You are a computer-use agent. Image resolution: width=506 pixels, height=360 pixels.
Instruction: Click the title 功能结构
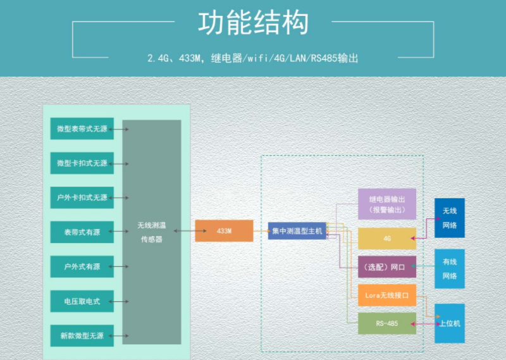click(x=253, y=24)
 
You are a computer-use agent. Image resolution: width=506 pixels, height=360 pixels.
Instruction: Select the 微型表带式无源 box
click(x=82, y=129)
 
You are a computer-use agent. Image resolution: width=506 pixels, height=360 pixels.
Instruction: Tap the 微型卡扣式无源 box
click(x=82, y=163)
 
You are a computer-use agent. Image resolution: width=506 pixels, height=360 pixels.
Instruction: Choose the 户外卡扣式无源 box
click(x=82, y=197)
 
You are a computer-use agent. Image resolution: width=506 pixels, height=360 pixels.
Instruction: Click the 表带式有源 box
click(x=82, y=232)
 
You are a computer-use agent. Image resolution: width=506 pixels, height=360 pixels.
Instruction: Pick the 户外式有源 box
click(x=82, y=266)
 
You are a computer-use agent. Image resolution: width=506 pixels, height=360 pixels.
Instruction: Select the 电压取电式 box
click(x=82, y=301)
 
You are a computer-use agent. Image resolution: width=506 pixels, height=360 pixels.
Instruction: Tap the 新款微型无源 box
click(x=82, y=335)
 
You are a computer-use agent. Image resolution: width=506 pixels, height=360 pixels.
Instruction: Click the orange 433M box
click(x=224, y=231)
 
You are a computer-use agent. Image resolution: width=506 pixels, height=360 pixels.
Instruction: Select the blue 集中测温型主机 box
click(x=297, y=231)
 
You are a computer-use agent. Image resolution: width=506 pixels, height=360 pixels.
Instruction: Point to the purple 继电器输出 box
click(x=386, y=204)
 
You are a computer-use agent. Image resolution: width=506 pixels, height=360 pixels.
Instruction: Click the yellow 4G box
click(x=386, y=239)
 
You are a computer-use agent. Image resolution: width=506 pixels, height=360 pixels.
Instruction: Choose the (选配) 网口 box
click(x=386, y=267)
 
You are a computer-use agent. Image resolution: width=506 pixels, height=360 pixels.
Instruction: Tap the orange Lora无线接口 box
click(x=386, y=295)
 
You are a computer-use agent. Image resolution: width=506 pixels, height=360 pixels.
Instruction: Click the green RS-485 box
click(x=386, y=323)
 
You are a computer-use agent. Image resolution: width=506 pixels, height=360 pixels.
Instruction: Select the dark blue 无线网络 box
click(x=449, y=218)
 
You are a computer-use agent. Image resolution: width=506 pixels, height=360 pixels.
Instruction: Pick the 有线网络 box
click(x=449, y=268)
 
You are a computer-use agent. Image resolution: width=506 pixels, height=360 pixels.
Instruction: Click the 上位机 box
click(x=449, y=323)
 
